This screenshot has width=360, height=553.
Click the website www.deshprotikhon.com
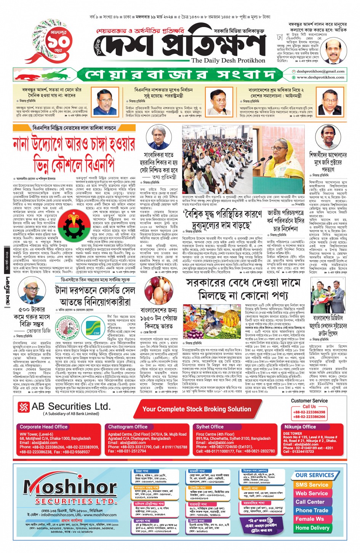pos(320,77)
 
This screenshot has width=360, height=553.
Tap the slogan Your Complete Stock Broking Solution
pos(197,409)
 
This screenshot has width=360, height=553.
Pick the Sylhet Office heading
pos(210,427)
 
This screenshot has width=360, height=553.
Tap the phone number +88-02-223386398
pos(309,412)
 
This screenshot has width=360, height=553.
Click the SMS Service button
pos(312,485)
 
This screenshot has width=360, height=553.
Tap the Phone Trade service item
pos(312,510)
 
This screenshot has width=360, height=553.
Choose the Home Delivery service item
pos(312,528)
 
